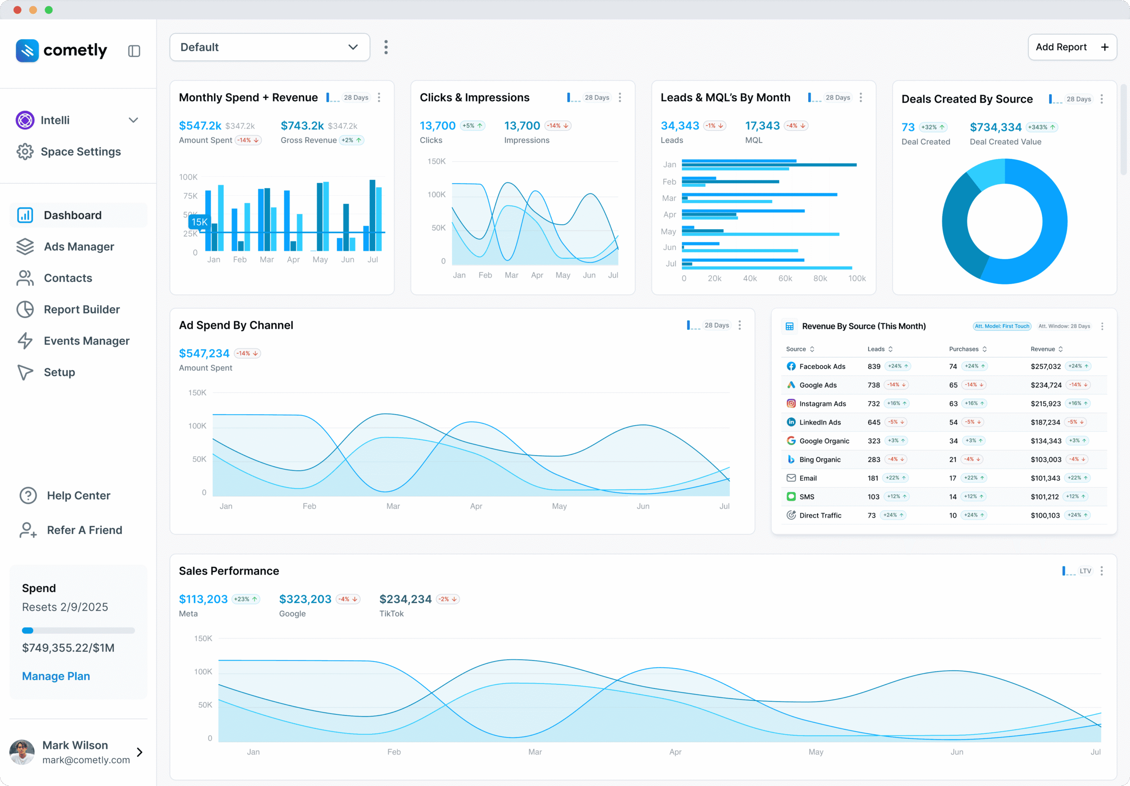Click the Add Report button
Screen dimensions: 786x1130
(1071, 47)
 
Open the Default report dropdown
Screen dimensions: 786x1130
(269, 47)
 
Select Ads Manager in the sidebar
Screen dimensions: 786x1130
(79, 247)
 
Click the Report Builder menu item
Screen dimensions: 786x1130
(82, 309)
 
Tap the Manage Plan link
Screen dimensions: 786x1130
(56, 676)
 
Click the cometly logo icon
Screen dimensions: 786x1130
(27, 51)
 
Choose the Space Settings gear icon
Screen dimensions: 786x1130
(25, 152)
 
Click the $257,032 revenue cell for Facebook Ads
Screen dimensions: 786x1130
(1045, 367)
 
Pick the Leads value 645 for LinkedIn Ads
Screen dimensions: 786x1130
(874, 423)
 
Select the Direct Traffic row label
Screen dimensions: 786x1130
(820, 516)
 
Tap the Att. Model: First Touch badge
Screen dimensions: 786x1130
(1002, 326)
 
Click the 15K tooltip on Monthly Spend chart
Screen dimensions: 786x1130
(200, 222)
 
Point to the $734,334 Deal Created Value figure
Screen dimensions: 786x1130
(995, 128)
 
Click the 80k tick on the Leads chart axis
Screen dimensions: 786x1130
(820, 279)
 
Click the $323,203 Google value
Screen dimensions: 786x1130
(305, 599)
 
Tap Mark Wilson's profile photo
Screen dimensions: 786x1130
(22, 752)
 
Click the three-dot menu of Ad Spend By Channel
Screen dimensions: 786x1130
(739, 325)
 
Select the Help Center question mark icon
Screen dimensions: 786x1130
(28, 495)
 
